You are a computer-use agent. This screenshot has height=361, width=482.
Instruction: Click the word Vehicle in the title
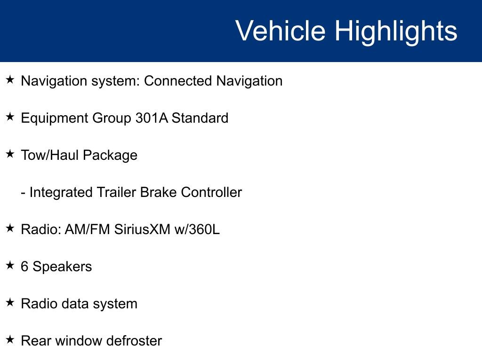click(x=281, y=31)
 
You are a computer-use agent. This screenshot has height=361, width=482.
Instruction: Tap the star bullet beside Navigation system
click(x=10, y=80)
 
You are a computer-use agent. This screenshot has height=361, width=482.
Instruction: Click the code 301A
click(x=152, y=118)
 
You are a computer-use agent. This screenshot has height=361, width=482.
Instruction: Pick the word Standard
click(x=200, y=118)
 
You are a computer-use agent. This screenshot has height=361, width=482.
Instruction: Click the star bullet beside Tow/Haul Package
click(x=10, y=154)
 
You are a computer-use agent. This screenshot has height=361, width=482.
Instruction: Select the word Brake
click(x=158, y=192)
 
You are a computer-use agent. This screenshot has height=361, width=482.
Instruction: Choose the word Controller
click(x=211, y=192)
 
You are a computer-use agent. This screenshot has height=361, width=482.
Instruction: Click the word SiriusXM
click(x=142, y=229)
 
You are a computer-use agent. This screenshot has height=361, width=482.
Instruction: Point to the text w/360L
click(x=197, y=229)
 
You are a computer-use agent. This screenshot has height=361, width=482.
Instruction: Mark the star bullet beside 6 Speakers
click(x=10, y=265)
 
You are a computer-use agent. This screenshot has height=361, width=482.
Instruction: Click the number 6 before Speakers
click(x=24, y=267)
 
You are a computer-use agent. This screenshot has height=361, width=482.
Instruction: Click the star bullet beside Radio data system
click(x=10, y=302)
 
